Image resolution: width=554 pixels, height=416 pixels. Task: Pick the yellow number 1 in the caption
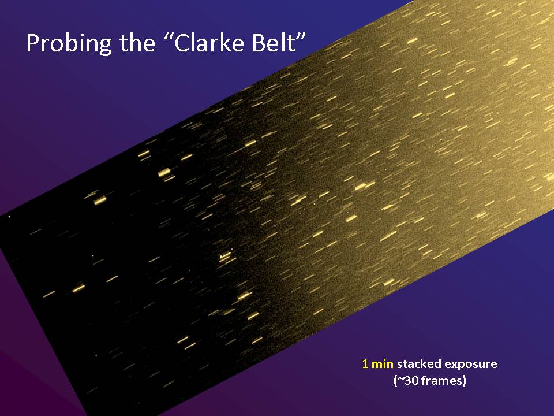(365, 364)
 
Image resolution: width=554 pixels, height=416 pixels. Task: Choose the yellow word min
(382, 364)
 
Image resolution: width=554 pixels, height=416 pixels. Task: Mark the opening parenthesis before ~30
(395, 381)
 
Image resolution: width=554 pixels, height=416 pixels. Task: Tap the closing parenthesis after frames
(464, 381)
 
